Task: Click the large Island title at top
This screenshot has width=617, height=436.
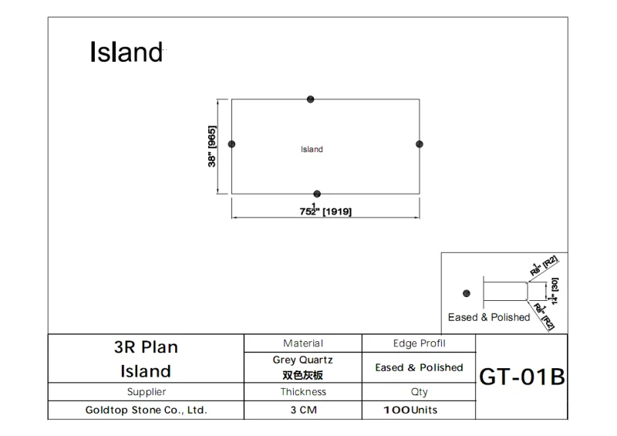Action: pyautogui.click(x=126, y=52)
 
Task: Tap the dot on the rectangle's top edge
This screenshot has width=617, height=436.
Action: pyautogui.click(x=310, y=99)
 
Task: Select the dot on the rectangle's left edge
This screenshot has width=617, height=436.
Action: pyautogui.click(x=231, y=144)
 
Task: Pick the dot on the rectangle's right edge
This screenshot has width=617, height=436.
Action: pyautogui.click(x=420, y=144)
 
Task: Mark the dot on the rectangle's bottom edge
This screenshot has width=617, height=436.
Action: pyautogui.click(x=317, y=194)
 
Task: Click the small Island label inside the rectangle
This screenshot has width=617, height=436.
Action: pyautogui.click(x=312, y=149)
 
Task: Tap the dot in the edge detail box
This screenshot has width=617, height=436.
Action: pyautogui.click(x=465, y=292)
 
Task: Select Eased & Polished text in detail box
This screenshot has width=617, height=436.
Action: pyautogui.click(x=489, y=317)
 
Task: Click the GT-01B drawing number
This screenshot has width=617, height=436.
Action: pyautogui.click(x=522, y=377)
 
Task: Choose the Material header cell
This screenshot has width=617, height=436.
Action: pyautogui.click(x=303, y=343)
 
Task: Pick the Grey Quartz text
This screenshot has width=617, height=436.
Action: pyautogui.click(x=303, y=360)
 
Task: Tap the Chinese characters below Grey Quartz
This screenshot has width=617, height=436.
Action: pyautogui.click(x=303, y=375)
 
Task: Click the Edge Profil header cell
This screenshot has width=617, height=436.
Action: pyautogui.click(x=419, y=343)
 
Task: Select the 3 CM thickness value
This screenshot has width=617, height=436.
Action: pyautogui.click(x=303, y=411)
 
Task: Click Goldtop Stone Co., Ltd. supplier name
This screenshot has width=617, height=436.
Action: pyautogui.click(x=146, y=411)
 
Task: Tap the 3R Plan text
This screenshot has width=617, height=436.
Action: pyautogui.click(x=146, y=347)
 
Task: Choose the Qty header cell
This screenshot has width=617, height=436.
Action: pyautogui.click(x=419, y=392)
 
